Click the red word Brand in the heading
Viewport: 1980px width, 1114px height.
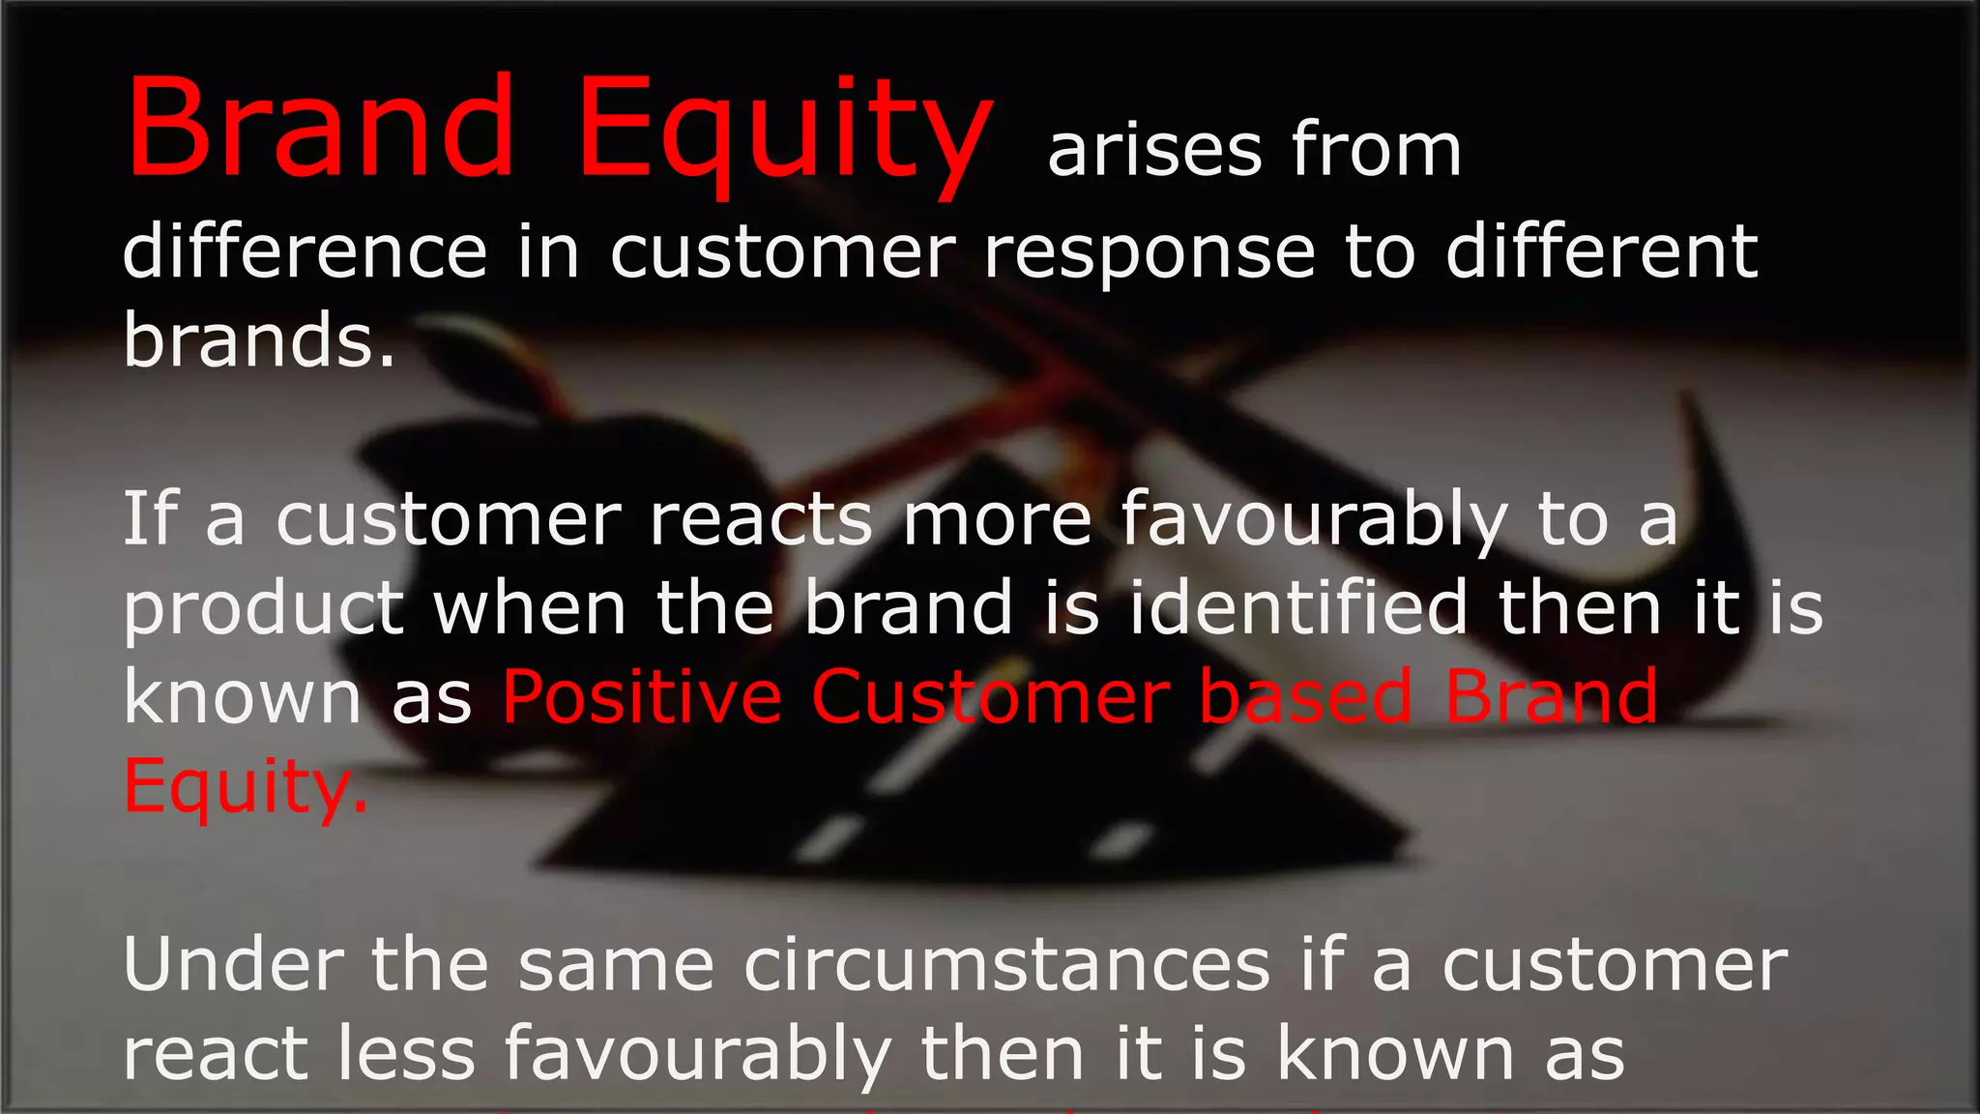coord(321,128)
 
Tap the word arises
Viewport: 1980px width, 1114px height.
coord(1155,151)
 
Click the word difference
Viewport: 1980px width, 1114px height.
coord(305,251)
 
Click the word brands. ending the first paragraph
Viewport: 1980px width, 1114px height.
coord(259,340)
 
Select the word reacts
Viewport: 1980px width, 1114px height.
coord(761,519)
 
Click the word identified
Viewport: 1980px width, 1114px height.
coord(1298,607)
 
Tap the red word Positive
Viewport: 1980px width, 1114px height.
coord(642,696)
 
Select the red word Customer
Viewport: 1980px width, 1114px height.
coord(990,696)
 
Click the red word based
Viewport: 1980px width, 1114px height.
coord(1306,696)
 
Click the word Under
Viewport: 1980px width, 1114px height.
coord(233,964)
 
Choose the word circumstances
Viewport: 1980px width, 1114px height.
coord(1006,964)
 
